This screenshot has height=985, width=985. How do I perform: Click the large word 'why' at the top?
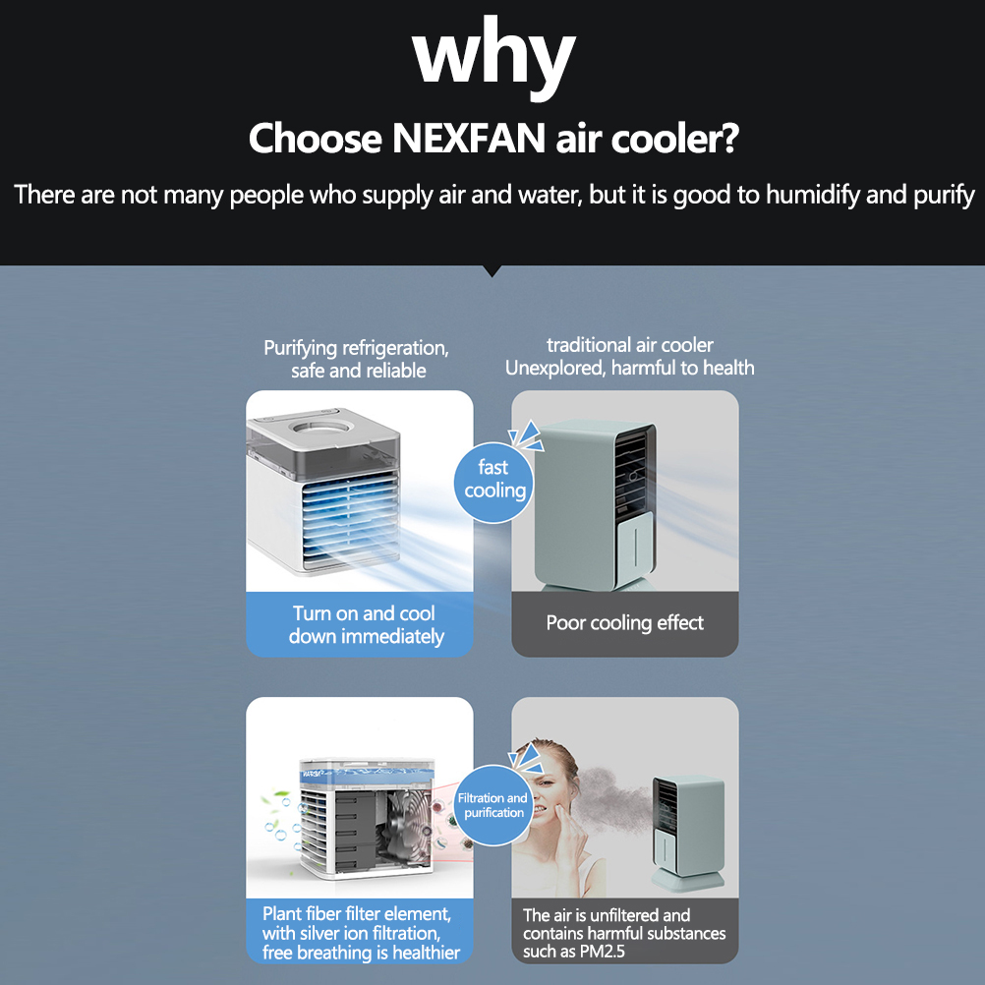pyautogui.click(x=493, y=57)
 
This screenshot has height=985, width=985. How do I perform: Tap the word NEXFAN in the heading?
pyautogui.click(x=469, y=139)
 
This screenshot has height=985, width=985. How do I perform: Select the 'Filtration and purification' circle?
pyautogui.click(x=493, y=805)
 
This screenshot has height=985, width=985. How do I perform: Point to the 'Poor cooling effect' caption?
pyautogui.click(x=625, y=623)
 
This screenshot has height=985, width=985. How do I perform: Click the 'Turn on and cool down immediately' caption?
pyautogui.click(x=366, y=625)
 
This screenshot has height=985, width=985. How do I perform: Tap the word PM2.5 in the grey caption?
pyautogui.click(x=603, y=952)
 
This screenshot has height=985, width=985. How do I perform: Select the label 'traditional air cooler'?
pyautogui.click(x=630, y=345)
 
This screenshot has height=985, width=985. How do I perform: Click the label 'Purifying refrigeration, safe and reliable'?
pyautogui.click(x=357, y=359)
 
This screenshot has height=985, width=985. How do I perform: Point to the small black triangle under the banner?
pyautogui.click(x=493, y=270)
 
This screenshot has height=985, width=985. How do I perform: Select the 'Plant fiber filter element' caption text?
pyautogui.click(x=357, y=913)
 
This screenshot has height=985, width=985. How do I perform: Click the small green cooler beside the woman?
pyautogui.click(x=688, y=833)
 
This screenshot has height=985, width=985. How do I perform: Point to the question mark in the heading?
pyautogui.click(x=728, y=139)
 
